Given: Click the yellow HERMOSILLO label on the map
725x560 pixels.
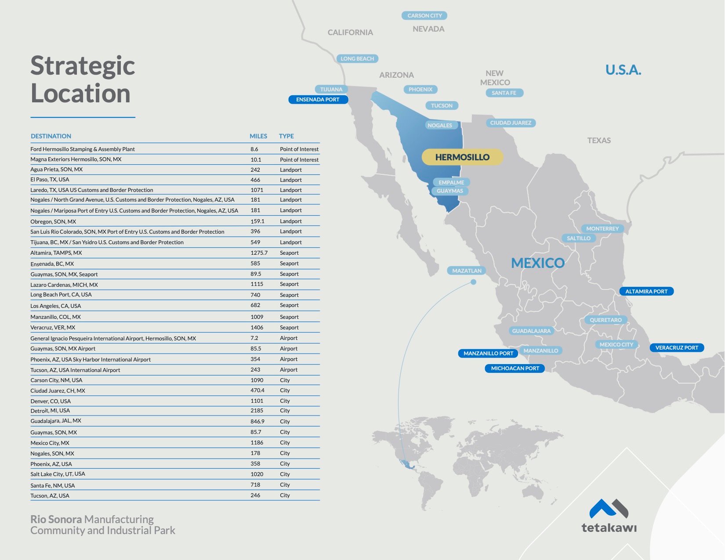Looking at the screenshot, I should coord(462,157).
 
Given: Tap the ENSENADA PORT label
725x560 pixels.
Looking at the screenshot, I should coord(318,100).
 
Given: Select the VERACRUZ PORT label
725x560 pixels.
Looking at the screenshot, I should coord(677,348).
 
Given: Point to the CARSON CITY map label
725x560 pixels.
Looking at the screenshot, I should coord(424,16).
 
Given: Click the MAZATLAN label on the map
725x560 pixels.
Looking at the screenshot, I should coord(467,271).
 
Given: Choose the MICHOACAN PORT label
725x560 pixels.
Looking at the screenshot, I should coord(515,369).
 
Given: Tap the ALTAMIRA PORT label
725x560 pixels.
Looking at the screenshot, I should coord(646,291).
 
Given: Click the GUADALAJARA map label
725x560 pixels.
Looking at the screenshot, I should coord(531,331).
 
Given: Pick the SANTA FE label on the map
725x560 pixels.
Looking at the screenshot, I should coord(504,93).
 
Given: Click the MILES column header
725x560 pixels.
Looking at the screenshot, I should coord(258,136).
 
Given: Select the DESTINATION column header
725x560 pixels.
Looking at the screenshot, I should coord(51,136).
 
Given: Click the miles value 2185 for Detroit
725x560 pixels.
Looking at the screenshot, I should coord(257,411).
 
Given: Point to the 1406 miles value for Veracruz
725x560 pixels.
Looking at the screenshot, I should coord(257,328).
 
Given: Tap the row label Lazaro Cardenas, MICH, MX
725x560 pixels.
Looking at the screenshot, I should coord(64,285).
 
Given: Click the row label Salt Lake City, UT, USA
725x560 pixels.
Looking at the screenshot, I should coord(58,474).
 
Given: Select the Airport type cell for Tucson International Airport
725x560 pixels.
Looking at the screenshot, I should coord(289,370).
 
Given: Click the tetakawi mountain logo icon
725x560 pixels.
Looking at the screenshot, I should coord(609,509).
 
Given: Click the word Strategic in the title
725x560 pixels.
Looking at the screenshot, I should coord(83,66).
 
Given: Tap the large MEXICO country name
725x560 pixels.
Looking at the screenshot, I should coord(538,263).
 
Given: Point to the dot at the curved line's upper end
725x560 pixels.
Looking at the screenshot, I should coord(473,282).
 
